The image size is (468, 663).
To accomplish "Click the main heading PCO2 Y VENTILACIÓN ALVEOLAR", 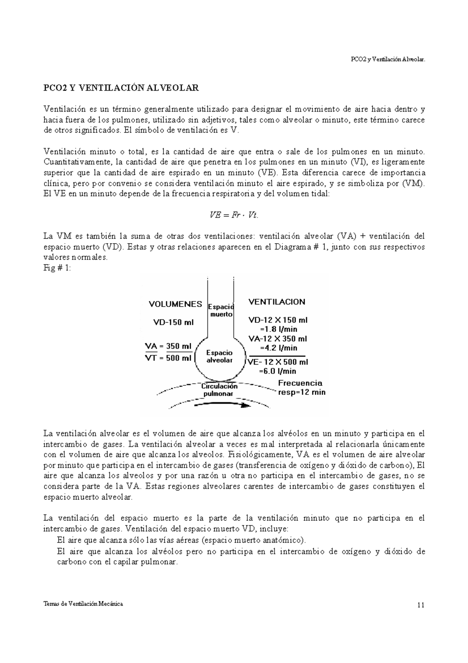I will click(x=121, y=87).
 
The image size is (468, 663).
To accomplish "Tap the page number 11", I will click(x=420, y=606).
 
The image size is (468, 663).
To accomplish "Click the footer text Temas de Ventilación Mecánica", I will click(x=83, y=604).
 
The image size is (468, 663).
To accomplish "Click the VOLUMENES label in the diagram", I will click(x=175, y=304).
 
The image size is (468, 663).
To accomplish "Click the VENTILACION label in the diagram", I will click(x=277, y=302).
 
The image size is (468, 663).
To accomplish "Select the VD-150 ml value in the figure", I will click(x=173, y=323).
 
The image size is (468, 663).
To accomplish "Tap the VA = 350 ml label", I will click(x=168, y=346).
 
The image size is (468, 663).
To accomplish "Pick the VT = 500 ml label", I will click(x=168, y=358).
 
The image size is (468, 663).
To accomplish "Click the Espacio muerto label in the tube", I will click(x=221, y=310).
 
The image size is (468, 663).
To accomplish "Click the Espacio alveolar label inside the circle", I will click(x=220, y=356).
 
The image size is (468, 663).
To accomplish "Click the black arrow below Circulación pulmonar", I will click(x=222, y=405).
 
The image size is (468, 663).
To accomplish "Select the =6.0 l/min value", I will click(x=278, y=371).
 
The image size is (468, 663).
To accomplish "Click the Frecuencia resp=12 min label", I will click(x=301, y=388).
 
